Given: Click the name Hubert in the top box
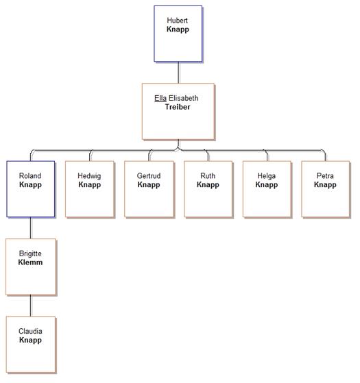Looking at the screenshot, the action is click(177, 21).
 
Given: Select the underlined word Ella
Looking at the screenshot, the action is click(160, 98).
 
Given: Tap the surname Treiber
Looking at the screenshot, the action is click(178, 107).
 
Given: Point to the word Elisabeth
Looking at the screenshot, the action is click(184, 98).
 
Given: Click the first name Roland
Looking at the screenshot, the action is click(30, 175).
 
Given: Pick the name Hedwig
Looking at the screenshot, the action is click(89, 176).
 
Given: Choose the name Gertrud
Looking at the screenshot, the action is click(149, 175).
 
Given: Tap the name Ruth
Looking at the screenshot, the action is click(208, 175).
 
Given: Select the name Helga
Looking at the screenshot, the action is click(266, 176).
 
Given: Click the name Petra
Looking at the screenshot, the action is click(325, 175).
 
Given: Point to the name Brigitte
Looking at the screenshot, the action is click(30, 254).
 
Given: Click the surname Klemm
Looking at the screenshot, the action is click(30, 262).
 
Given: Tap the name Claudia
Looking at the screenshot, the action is click(30, 331).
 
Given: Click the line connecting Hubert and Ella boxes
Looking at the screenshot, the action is click(179, 73).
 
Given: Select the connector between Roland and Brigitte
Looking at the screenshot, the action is click(31, 228).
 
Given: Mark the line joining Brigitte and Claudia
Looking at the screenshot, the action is click(31, 306).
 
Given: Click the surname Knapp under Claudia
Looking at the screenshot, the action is click(30, 341).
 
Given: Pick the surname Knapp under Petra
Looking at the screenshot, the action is click(325, 185).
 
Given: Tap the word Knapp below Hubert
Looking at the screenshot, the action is click(178, 29).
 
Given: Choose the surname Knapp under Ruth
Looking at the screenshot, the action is click(208, 185).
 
